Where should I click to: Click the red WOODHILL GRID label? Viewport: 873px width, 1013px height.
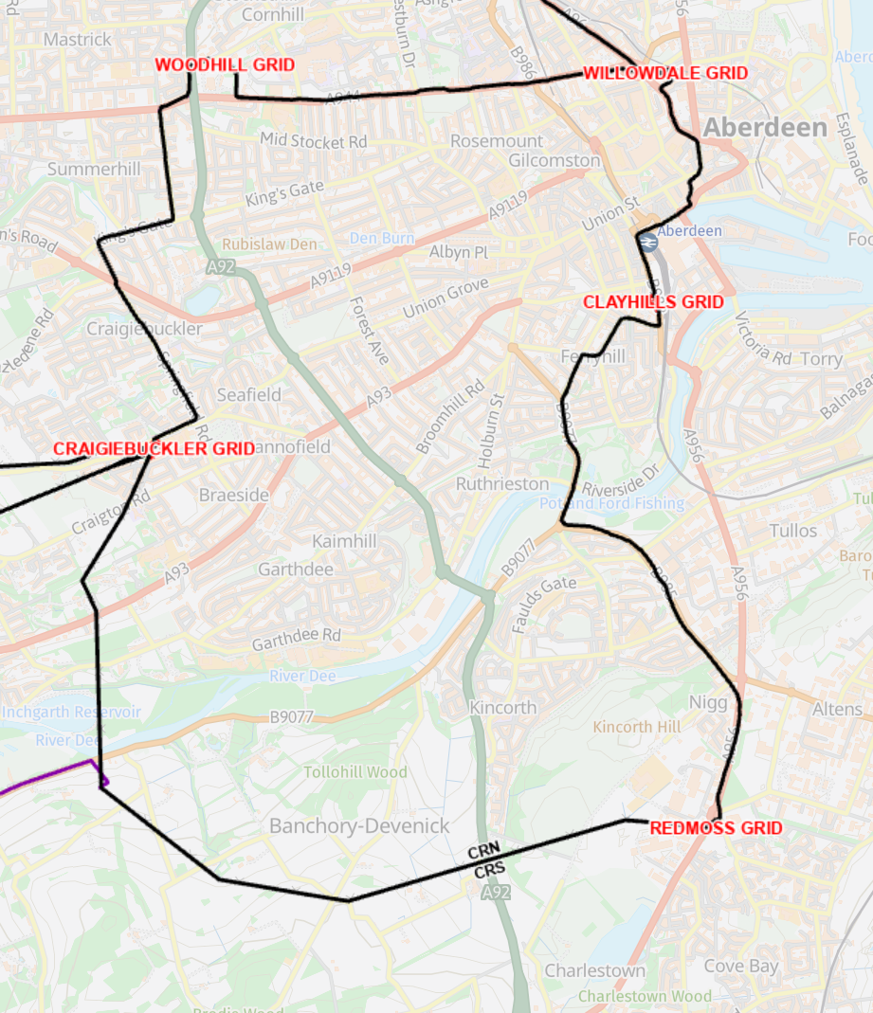[x=225, y=65]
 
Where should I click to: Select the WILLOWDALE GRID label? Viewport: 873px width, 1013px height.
[x=664, y=73]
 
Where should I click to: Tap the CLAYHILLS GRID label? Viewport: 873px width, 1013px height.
[x=653, y=302]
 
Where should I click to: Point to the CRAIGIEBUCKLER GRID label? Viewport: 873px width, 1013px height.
[x=154, y=449]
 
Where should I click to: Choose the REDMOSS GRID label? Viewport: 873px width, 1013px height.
[x=716, y=828]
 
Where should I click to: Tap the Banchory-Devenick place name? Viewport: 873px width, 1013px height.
[x=359, y=826]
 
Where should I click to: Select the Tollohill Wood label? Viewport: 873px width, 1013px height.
[x=355, y=772]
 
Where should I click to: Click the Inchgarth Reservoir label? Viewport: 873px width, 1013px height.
[x=71, y=712]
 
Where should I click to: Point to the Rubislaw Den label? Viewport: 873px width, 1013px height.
[x=269, y=244]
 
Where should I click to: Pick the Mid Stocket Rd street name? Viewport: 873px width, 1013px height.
[x=313, y=141]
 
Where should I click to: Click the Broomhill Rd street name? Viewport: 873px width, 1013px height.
[x=450, y=416]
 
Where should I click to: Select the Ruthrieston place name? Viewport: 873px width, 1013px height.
[x=501, y=484]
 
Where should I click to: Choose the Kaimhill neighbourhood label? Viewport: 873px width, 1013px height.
[x=344, y=541]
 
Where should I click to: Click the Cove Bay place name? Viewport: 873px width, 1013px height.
[x=740, y=967]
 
